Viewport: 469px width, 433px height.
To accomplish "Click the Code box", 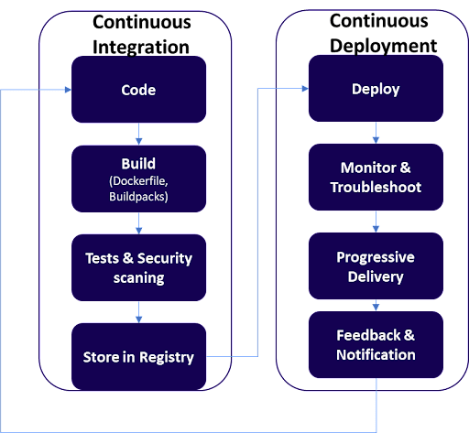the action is click(138, 90).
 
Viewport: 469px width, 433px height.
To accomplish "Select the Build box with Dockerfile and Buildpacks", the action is click(138, 179).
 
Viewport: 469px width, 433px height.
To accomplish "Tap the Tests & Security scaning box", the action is click(138, 267).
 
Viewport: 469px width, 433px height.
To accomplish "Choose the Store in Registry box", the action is click(138, 356).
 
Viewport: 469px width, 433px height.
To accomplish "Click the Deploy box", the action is click(376, 88).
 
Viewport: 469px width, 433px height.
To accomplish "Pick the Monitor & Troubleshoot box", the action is click(376, 177).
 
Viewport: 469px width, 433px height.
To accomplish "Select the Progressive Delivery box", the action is click(376, 265).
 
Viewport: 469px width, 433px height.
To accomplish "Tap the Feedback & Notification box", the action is click(376, 345).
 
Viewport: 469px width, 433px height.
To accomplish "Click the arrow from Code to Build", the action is click(138, 134).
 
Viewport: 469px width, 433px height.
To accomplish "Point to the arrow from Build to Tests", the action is click(138, 223).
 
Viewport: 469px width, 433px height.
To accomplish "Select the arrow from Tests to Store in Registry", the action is click(138, 312).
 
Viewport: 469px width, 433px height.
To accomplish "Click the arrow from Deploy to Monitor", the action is click(376, 133).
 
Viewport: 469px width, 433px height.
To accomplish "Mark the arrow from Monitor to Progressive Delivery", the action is click(376, 222).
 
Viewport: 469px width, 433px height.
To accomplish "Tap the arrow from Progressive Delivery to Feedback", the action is click(376, 305).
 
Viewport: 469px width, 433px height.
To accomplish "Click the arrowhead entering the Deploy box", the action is click(305, 89).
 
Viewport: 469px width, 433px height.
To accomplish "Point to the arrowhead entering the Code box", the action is click(68, 90).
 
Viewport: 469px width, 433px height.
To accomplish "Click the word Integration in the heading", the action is click(141, 48).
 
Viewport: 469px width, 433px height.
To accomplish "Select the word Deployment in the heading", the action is click(383, 47).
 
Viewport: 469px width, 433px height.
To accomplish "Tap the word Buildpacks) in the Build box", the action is click(138, 197).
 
